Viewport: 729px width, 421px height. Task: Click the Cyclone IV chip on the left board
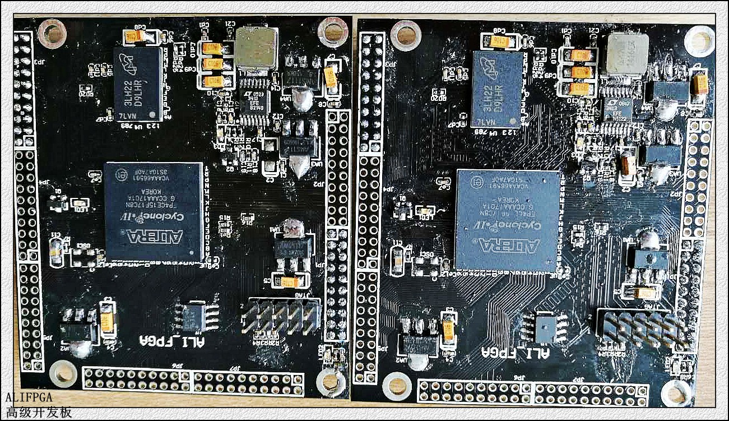click(154, 211)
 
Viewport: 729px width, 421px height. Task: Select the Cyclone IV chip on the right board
click(507, 220)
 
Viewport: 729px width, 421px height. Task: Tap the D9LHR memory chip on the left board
click(138, 84)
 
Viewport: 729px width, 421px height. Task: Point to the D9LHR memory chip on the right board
click(497, 89)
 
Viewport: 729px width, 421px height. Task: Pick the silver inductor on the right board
click(628, 53)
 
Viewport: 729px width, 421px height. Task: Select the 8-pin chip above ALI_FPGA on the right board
click(544, 327)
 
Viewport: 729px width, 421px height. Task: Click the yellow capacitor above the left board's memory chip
click(136, 37)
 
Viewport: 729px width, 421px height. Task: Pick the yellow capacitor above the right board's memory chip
click(500, 41)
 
